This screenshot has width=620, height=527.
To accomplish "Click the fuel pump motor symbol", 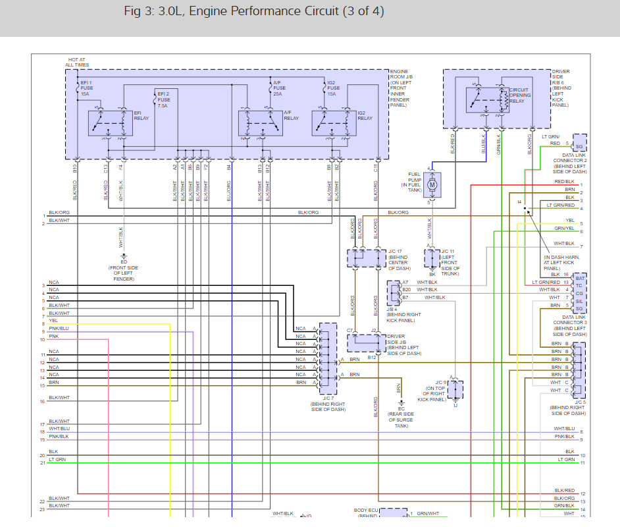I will click(432, 185).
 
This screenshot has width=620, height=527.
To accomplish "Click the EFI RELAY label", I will click(142, 115).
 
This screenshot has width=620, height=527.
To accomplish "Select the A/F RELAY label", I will click(291, 115).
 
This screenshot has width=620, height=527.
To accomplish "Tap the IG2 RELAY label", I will click(365, 115).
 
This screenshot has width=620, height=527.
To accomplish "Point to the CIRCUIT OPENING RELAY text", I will click(520, 96).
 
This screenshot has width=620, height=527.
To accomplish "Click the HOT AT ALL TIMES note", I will click(78, 62).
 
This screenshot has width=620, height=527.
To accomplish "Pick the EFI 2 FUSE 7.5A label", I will click(163, 100).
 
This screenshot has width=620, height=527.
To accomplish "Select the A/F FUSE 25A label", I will click(279, 88).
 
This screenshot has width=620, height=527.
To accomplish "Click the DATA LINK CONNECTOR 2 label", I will click(570, 161).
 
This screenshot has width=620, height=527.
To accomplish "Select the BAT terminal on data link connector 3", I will click(579, 278).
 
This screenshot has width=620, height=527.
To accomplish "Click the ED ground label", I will click(123, 262).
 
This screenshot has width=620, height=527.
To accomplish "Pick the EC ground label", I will click(401, 409).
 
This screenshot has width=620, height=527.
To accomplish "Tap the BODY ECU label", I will click(366, 511).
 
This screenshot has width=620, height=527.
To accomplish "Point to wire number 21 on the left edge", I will click(42, 463).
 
